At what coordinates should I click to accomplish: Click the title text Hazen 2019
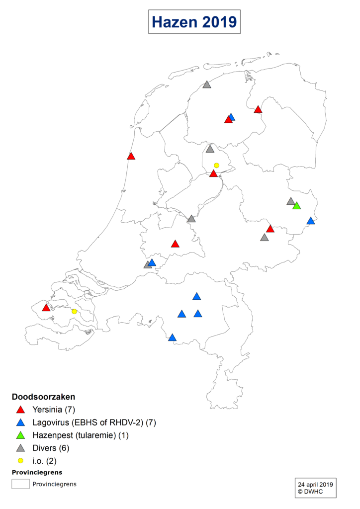click(194, 22)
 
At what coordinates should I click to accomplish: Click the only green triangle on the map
click(296, 206)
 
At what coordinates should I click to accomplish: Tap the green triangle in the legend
click(20, 435)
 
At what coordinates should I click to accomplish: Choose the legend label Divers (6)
click(50, 448)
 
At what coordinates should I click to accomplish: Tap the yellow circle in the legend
click(20, 461)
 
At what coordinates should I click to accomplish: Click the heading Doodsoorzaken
click(43, 397)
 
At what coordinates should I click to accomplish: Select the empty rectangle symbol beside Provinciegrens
click(20, 484)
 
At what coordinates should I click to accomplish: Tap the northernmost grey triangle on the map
click(207, 85)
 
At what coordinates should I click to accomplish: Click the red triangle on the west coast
click(131, 156)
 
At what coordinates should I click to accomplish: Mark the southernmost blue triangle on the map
click(172, 338)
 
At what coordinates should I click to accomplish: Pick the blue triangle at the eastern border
click(311, 221)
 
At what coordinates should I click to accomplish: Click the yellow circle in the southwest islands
click(74, 311)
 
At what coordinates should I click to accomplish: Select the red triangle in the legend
click(20, 410)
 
